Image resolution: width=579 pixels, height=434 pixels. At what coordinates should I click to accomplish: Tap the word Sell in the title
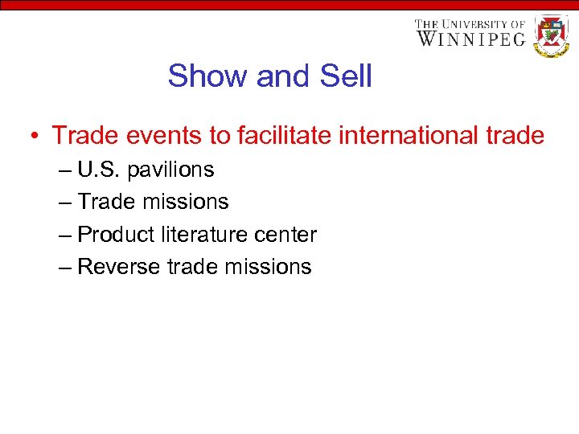[346, 76]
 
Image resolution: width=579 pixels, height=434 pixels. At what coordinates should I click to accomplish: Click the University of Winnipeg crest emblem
[551, 35]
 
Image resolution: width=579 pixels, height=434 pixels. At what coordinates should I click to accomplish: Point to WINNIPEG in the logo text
[470, 38]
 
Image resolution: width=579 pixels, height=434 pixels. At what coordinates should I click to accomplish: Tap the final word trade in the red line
[515, 136]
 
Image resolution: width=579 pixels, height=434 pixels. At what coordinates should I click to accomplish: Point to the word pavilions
[172, 170]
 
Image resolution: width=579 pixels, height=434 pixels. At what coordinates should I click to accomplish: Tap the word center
[285, 235]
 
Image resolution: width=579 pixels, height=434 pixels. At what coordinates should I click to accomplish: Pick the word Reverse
[119, 267]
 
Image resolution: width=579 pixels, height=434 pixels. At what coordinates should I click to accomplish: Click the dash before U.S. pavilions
[65, 170]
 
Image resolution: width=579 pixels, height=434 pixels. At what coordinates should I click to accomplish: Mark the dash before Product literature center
[65, 235]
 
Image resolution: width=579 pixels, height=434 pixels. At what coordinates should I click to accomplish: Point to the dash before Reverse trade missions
[65, 267]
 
